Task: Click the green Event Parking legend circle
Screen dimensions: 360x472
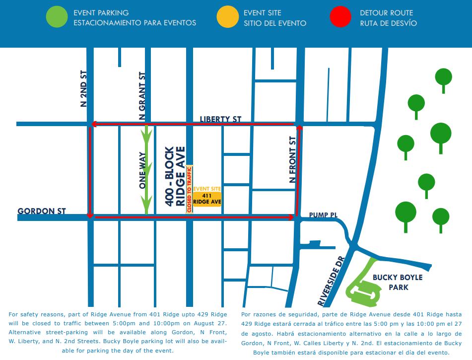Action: [57, 17]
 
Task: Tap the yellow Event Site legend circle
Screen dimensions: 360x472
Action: [227, 17]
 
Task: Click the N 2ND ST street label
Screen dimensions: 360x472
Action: [83, 89]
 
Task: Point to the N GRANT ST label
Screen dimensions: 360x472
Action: [142, 96]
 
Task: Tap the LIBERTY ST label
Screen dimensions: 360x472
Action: [220, 119]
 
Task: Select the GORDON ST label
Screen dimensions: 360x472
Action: [42, 211]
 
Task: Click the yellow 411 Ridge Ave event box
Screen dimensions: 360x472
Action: [207, 199]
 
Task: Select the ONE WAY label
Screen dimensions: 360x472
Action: [143, 170]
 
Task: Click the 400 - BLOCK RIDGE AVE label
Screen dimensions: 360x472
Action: [175, 176]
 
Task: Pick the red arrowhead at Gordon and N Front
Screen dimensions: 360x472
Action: [291, 217]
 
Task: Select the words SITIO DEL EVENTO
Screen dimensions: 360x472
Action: [275, 23]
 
